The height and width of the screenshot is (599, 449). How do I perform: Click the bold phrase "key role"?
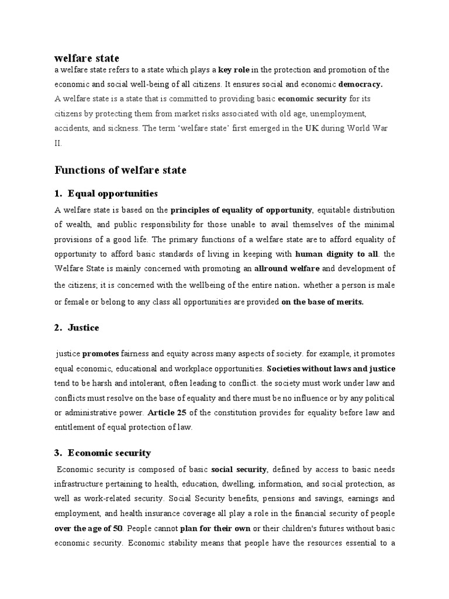(x=234, y=70)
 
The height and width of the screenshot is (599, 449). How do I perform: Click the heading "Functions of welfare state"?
(x=120, y=171)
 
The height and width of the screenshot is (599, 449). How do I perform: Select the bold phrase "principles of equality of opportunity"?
(x=242, y=210)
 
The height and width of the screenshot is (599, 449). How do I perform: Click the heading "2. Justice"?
(x=77, y=328)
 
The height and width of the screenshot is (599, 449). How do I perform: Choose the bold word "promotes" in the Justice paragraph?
(x=101, y=354)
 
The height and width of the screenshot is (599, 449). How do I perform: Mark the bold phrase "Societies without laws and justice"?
(x=331, y=369)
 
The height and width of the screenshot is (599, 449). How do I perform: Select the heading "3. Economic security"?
(x=102, y=453)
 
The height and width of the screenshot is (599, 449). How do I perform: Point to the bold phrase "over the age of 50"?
(x=88, y=528)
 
